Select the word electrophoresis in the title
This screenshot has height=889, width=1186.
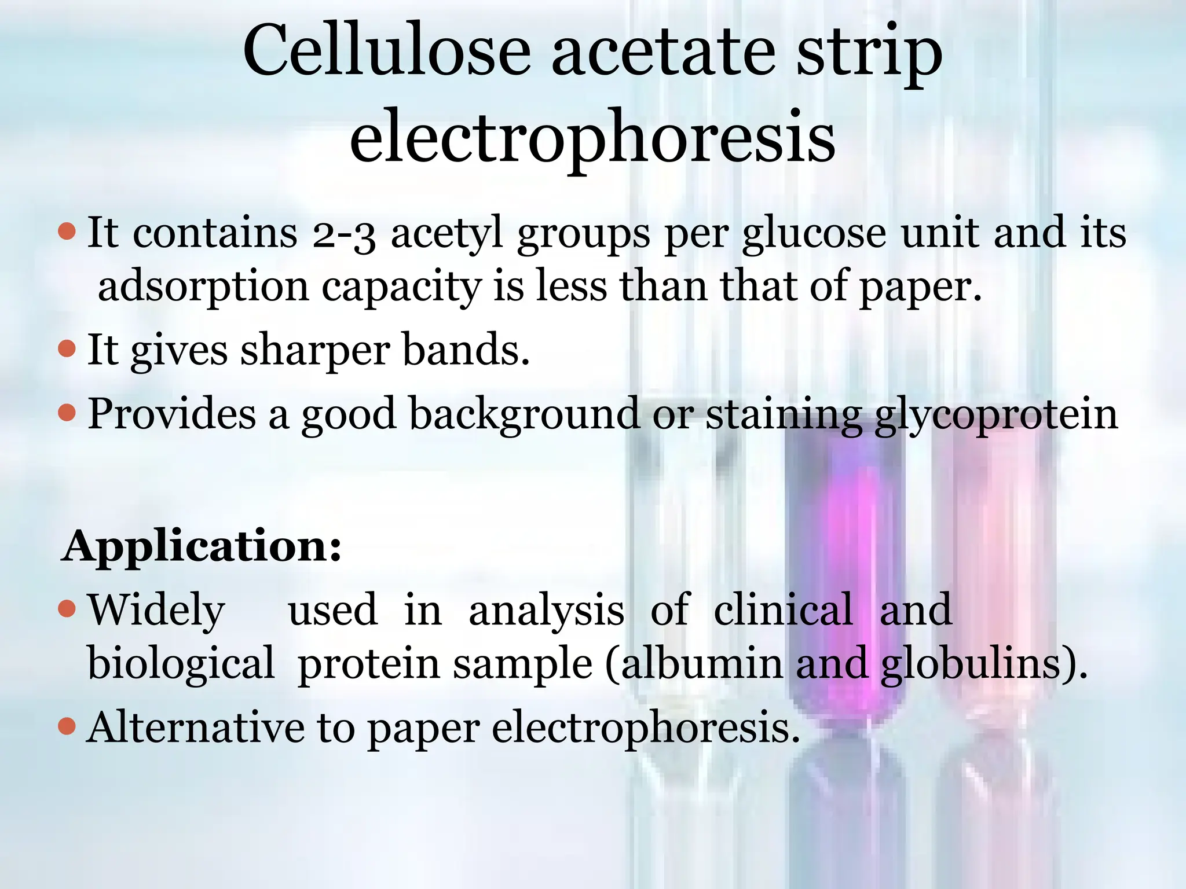[592, 138]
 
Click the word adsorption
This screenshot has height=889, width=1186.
[203, 287]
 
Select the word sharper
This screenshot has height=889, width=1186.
[315, 351]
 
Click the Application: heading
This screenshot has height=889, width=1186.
[202, 546]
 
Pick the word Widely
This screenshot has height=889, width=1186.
[156, 610]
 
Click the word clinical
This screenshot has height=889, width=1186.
[783, 610]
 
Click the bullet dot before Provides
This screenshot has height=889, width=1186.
[68, 413]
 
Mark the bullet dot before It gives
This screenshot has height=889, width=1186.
[68, 348]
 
